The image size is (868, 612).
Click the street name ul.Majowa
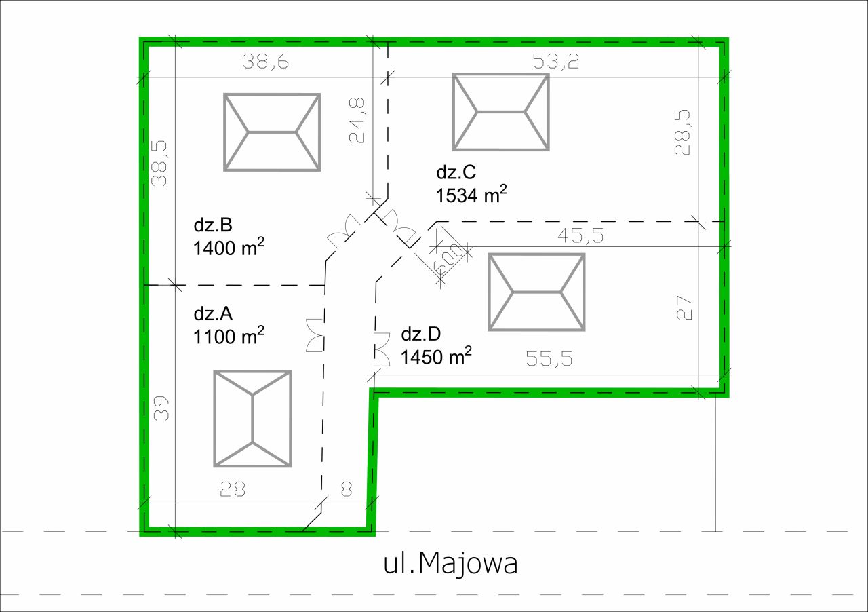point(450,564)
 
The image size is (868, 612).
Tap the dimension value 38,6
point(266,62)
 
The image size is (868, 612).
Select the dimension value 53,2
point(555,61)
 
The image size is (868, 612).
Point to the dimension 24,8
point(357,120)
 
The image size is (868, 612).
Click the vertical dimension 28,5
point(682,132)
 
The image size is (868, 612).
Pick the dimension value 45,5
point(580,235)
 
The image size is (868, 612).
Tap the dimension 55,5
point(549,359)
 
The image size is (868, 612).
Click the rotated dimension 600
point(449,259)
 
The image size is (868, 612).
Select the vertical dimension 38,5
point(159,164)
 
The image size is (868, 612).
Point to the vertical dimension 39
point(161,408)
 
